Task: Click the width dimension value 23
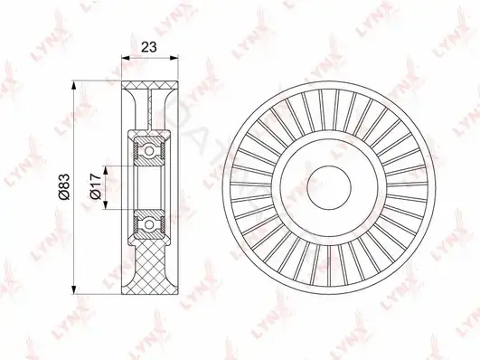click(149, 47)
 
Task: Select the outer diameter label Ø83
click(64, 187)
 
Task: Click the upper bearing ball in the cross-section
click(149, 151)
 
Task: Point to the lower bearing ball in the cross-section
click(149, 224)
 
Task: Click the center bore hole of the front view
click(329, 188)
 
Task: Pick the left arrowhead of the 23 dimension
click(126, 57)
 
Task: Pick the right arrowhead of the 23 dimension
click(174, 57)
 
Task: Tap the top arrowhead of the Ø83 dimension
click(73, 86)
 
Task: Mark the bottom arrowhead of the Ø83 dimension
click(73, 289)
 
